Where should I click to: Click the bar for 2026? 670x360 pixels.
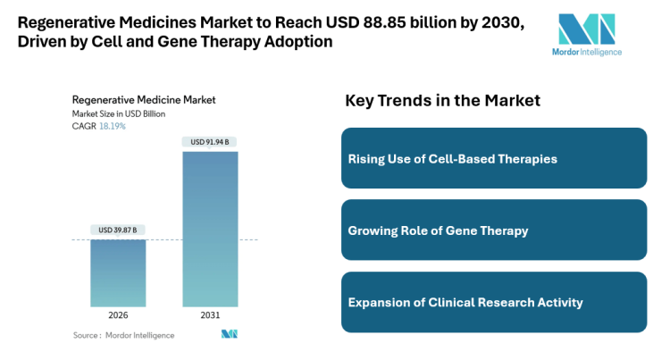tap(118, 273)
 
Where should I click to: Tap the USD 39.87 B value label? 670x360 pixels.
tap(118, 230)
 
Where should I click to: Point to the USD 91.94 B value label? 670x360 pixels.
tap(210, 142)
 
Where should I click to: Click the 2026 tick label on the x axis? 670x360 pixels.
tap(118, 315)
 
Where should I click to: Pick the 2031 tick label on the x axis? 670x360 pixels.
tap(210, 315)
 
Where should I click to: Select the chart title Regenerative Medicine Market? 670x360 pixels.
tap(144, 100)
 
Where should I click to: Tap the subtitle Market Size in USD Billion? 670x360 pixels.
tap(119, 113)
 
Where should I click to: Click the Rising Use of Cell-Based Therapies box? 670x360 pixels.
tap(494, 158)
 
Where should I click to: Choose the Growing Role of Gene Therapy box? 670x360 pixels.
tap(494, 230)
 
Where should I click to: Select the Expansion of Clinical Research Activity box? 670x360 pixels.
tap(494, 302)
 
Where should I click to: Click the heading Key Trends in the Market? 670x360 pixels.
tap(442, 101)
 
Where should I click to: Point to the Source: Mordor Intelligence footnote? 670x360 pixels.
tap(124, 335)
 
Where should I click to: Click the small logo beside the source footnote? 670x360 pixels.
tap(230, 334)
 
